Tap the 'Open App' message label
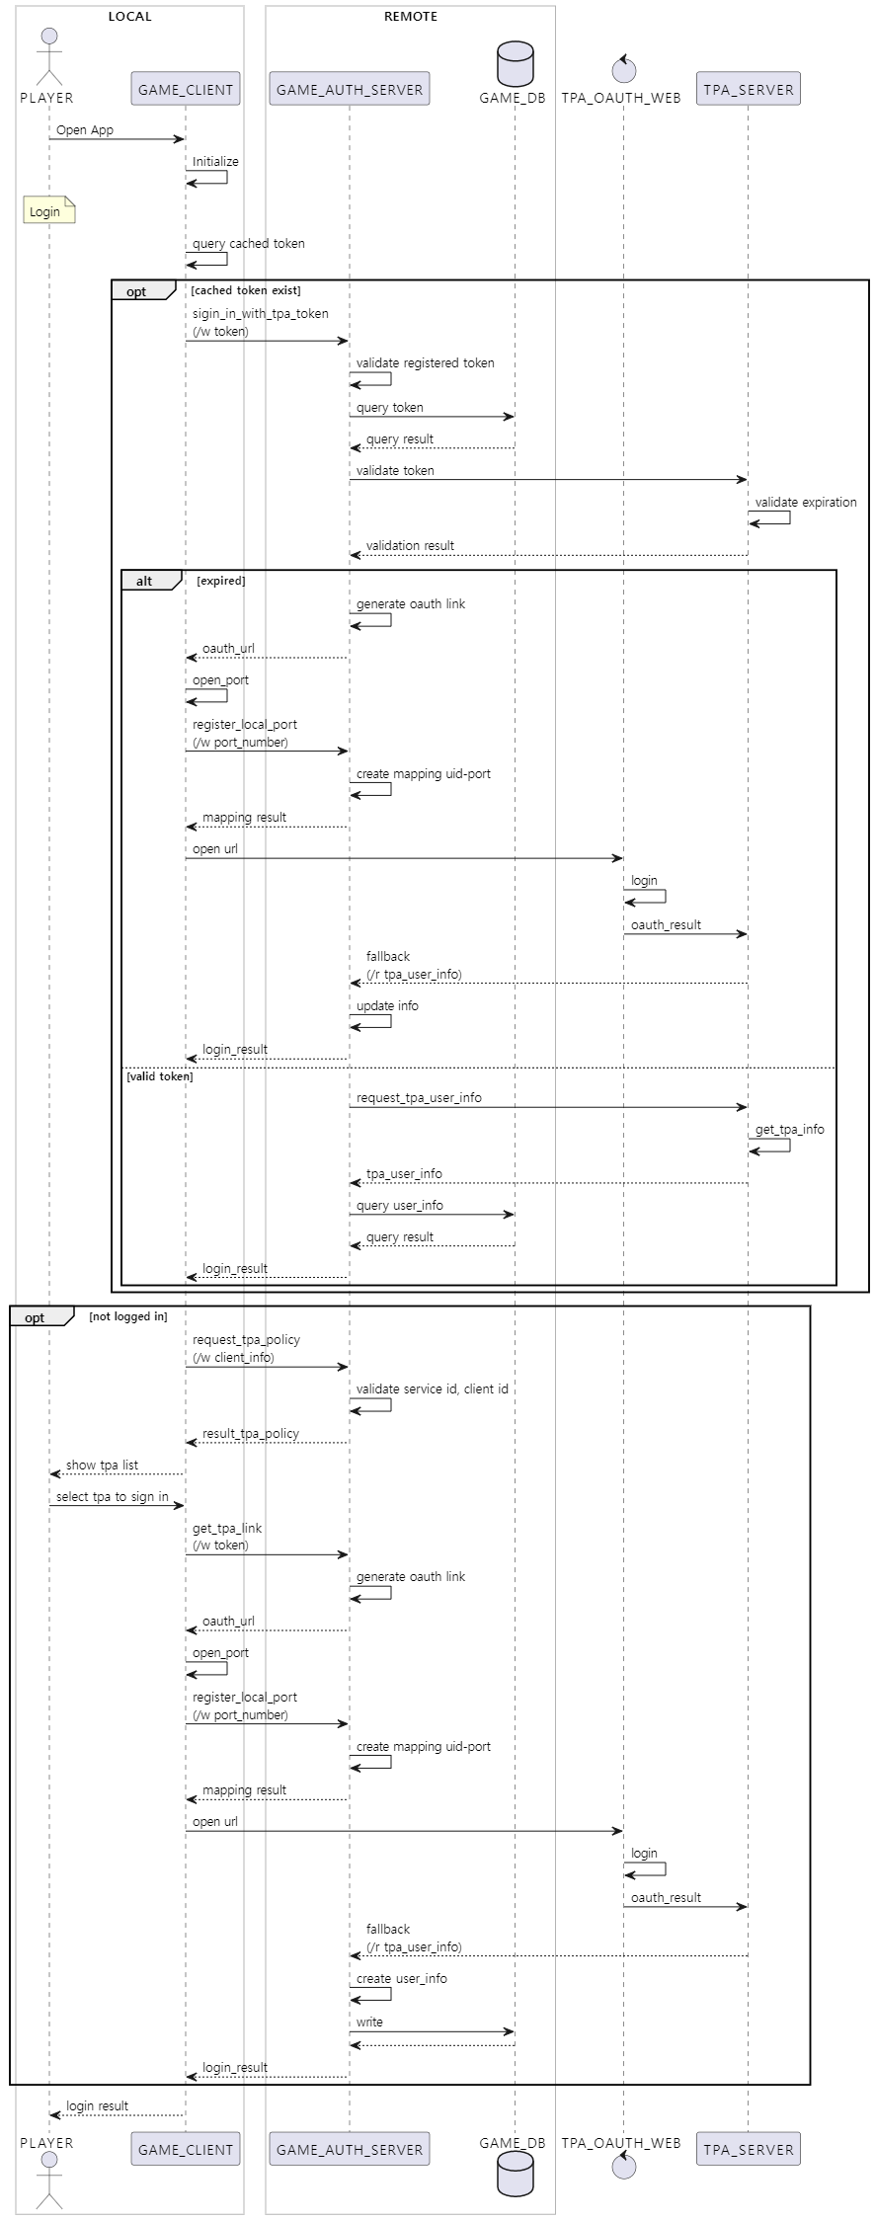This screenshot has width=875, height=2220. pyautogui.click(x=85, y=130)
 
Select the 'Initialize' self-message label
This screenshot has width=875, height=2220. pyautogui.click(x=215, y=162)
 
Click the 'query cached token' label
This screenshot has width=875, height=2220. pyautogui.click(x=248, y=244)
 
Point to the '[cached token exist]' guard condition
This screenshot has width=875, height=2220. pyautogui.click(x=246, y=290)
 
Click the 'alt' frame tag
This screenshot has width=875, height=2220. pyautogui.click(x=144, y=582)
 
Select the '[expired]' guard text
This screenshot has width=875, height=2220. pyautogui.click(x=221, y=581)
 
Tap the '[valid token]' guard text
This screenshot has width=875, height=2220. pyautogui.click(x=160, y=1076)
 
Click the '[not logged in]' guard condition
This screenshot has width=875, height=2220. pyautogui.click(x=128, y=1316)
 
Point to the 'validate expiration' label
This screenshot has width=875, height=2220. pyautogui.click(x=806, y=503)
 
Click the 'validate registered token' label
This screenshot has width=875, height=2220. pyautogui.click(x=425, y=363)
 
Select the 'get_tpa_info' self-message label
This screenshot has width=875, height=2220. pyautogui.click(x=789, y=1130)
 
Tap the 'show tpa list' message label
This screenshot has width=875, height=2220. pyautogui.click(x=102, y=1466)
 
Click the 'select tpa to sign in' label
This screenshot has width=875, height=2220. pyautogui.click(x=112, y=1497)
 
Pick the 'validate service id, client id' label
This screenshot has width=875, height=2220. pyautogui.click(x=432, y=1389)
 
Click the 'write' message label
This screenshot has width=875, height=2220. pyautogui.click(x=369, y=2022)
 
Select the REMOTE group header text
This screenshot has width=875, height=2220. pyautogui.click(x=410, y=17)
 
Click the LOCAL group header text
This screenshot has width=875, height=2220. pyautogui.click(x=129, y=17)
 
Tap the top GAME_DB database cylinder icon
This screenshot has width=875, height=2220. pyautogui.click(x=515, y=63)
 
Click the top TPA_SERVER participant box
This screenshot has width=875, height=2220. pyautogui.click(x=748, y=89)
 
